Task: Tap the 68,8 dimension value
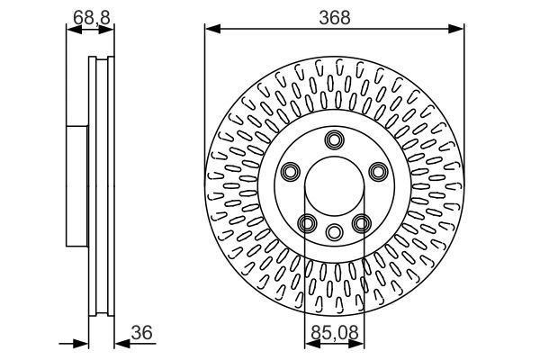click(x=90, y=16)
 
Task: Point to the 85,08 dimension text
click(x=333, y=333)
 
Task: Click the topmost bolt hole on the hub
click(x=335, y=139)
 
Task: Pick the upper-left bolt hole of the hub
click(x=291, y=171)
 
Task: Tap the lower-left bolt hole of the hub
click(x=307, y=223)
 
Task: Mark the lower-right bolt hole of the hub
click(x=362, y=223)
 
